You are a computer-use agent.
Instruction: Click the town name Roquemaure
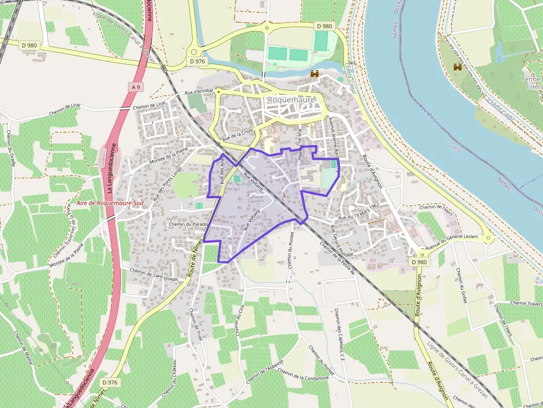tap(291, 100)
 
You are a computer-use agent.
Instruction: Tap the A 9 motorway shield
tap(137, 87)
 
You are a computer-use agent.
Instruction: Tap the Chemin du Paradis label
tap(188, 224)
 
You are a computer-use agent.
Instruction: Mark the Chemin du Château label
tap(170, 382)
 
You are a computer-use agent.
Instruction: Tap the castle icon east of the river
tap(458, 67)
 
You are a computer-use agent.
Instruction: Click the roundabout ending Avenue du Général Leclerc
tap(488, 239)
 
